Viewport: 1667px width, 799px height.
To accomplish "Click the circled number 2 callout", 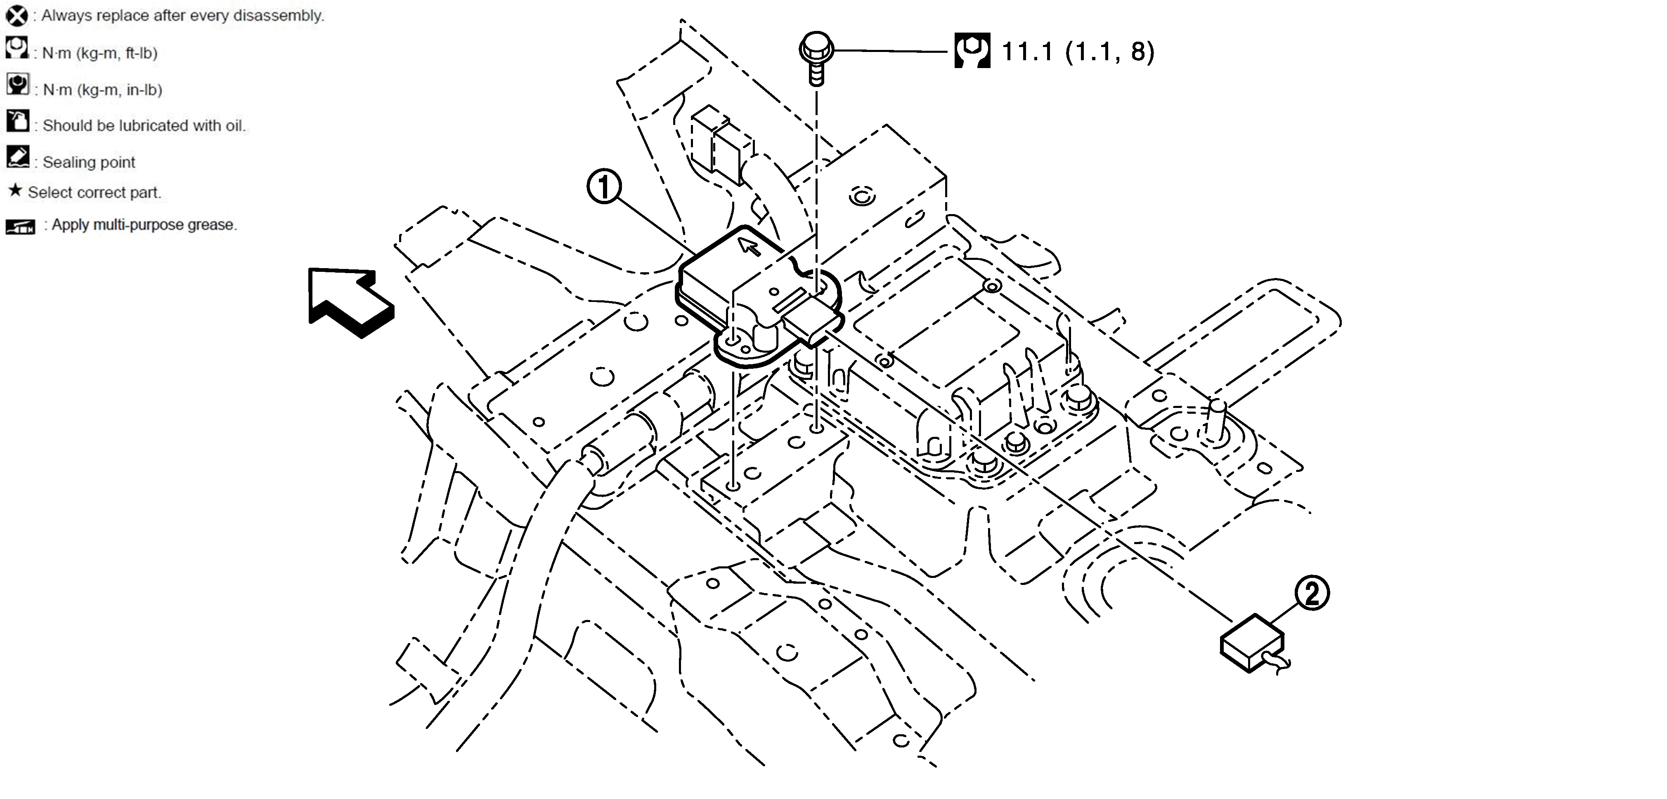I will click(1311, 593).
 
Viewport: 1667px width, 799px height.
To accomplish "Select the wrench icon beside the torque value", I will click(972, 50).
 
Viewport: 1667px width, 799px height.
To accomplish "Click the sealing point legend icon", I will click(17, 157).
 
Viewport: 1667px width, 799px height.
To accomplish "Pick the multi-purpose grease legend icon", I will click(20, 226).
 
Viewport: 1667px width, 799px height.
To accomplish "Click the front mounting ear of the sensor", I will click(744, 346).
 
